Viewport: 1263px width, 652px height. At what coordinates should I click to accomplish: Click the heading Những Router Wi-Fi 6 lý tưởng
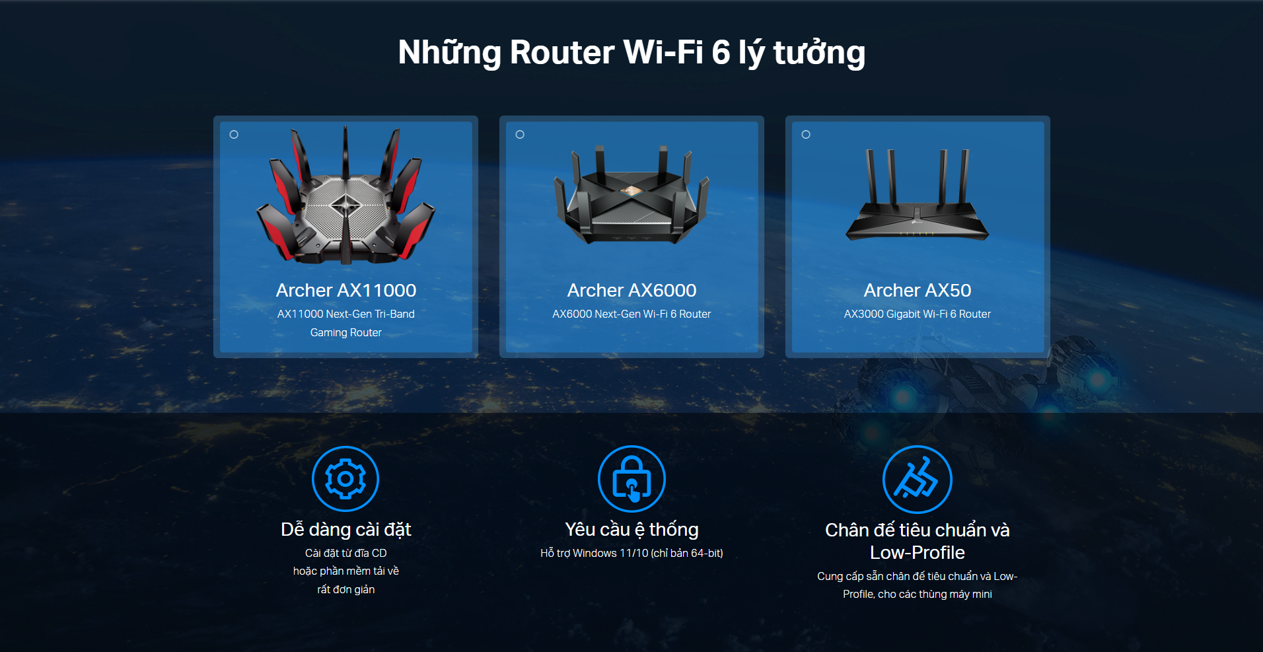pos(631,53)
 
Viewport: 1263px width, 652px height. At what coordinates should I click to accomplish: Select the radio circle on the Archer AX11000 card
pos(234,135)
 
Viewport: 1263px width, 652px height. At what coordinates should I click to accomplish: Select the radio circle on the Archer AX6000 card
pos(520,135)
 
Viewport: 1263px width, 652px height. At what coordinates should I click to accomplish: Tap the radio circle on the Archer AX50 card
pos(806,135)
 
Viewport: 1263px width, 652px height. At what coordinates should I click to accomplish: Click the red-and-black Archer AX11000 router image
pos(345,198)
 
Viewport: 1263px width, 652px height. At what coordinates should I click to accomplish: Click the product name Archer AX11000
pos(345,291)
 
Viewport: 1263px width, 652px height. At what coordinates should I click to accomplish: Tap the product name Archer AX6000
pos(631,291)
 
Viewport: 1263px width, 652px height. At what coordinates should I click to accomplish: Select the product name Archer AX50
pos(917,291)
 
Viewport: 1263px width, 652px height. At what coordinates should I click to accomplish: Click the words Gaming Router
pos(345,333)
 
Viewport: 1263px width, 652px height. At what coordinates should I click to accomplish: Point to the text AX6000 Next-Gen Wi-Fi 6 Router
pos(631,314)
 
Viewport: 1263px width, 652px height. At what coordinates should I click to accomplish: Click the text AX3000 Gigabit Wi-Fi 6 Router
pos(917,314)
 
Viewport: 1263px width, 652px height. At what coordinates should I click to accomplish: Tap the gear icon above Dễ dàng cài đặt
pos(345,479)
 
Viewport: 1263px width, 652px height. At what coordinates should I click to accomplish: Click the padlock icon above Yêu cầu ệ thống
pos(631,479)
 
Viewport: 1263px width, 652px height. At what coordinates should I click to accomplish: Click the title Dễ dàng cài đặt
pos(345,530)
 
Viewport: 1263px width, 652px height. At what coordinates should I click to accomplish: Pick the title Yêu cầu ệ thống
pos(631,530)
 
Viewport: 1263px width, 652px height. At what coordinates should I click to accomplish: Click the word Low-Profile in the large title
pos(917,553)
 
